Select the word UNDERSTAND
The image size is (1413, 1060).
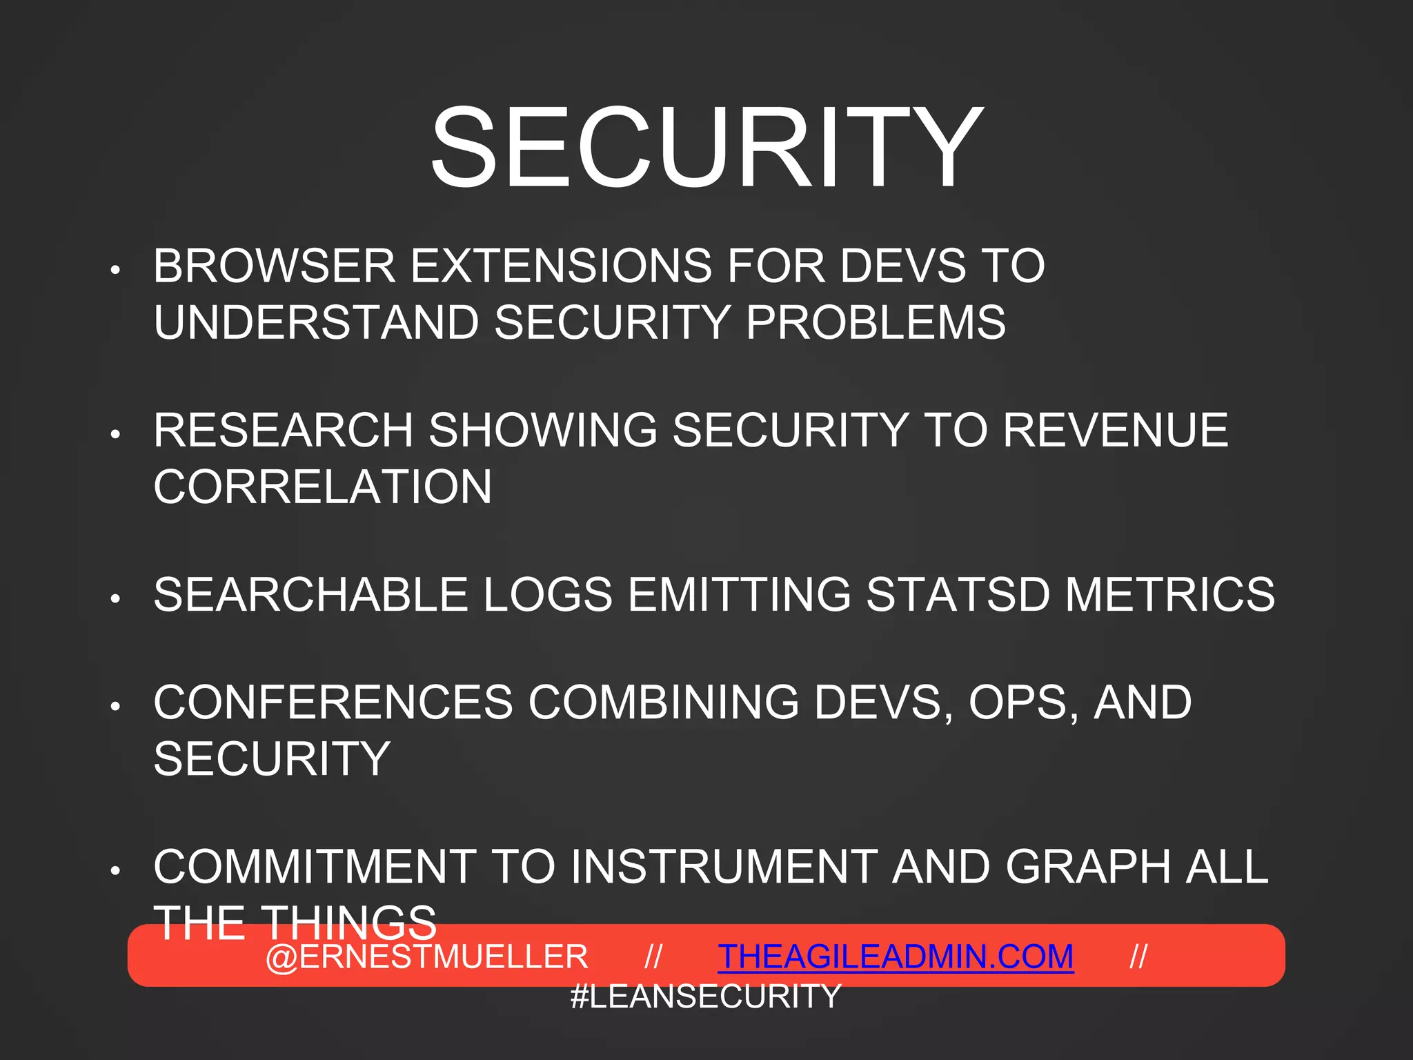coord(316,322)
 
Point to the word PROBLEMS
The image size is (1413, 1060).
coord(876,322)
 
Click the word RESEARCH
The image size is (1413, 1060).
coord(283,430)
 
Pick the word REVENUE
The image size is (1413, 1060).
coord(1115,430)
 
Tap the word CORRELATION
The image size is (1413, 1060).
coord(323,487)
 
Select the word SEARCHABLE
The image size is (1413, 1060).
coord(310,594)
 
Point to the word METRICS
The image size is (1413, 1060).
coord(1170,594)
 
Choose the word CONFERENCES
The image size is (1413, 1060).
coord(333,703)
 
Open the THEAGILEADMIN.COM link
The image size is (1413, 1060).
coord(896,957)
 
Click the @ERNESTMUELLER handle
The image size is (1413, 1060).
coord(426,957)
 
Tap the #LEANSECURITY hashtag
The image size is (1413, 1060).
coord(706,997)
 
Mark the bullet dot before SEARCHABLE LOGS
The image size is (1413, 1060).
coord(116,598)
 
